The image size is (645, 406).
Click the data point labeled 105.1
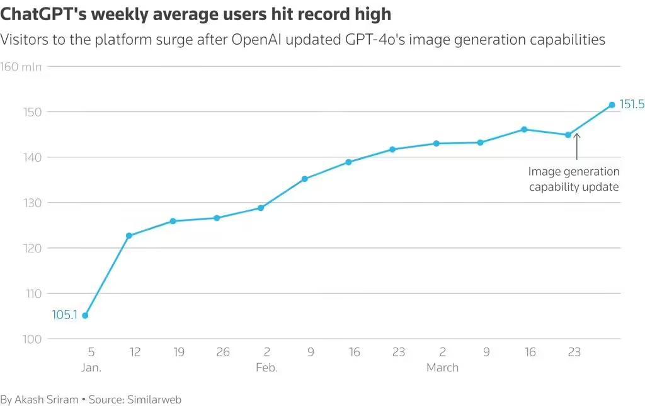pyautogui.click(x=85, y=315)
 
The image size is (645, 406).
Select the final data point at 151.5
pyautogui.click(x=612, y=104)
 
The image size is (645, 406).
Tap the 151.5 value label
pyautogui.click(x=632, y=104)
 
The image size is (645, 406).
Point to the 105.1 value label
pyautogui.click(x=64, y=315)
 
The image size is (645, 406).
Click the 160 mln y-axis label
pyautogui.click(x=21, y=67)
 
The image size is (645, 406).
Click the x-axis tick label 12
pyautogui.click(x=135, y=352)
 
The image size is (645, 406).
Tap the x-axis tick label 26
pyautogui.click(x=223, y=352)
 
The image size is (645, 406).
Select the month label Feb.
pyautogui.click(x=266, y=368)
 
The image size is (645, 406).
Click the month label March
pyautogui.click(x=442, y=368)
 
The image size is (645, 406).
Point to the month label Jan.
pyautogui.click(x=91, y=368)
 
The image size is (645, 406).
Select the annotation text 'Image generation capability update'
pyautogui.click(x=574, y=179)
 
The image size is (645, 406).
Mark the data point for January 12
pyautogui.click(x=129, y=235)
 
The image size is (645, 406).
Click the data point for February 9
pyautogui.click(x=305, y=179)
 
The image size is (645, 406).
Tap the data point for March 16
pyautogui.click(x=524, y=129)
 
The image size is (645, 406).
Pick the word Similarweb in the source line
pyautogui.click(x=154, y=399)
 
